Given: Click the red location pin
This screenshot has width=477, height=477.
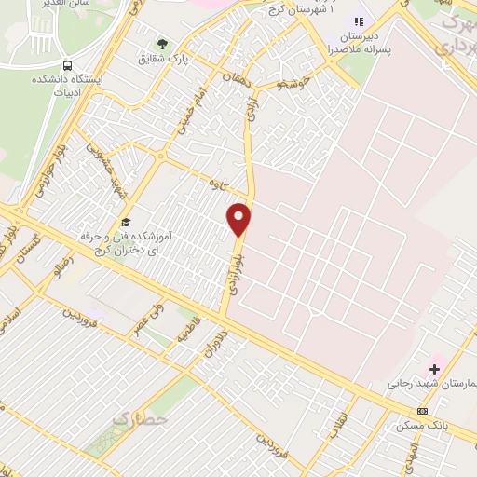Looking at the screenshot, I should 239,219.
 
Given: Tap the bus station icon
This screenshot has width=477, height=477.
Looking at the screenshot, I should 68,65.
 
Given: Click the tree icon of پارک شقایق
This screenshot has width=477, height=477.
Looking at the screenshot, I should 163,44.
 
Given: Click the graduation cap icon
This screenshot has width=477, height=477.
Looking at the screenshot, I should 126,222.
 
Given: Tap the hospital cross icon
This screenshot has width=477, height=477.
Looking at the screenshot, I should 434,369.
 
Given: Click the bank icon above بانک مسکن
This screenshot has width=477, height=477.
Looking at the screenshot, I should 423,411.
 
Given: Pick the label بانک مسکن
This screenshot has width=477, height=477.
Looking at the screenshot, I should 416,425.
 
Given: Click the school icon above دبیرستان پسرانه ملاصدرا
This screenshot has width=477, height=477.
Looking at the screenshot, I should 354,20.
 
